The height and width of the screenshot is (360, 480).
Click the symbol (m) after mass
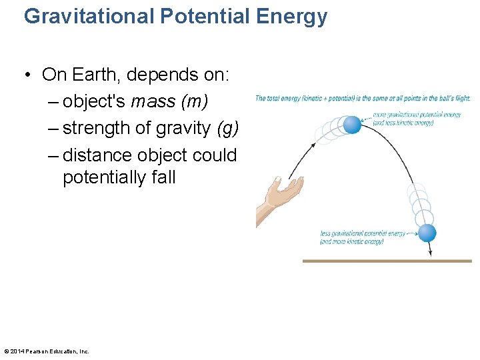[x=194, y=101]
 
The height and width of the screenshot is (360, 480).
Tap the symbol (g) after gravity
[x=227, y=128]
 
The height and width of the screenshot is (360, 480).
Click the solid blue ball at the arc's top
[x=351, y=124]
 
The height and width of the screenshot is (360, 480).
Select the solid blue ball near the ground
[x=427, y=233]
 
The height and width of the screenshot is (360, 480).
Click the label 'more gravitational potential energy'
[x=417, y=115]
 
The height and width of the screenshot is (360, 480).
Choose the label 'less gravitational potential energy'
[x=362, y=233]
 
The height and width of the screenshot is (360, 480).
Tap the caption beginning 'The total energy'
[x=363, y=99]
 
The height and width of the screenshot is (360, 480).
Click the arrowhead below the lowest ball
[x=430, y=253]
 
